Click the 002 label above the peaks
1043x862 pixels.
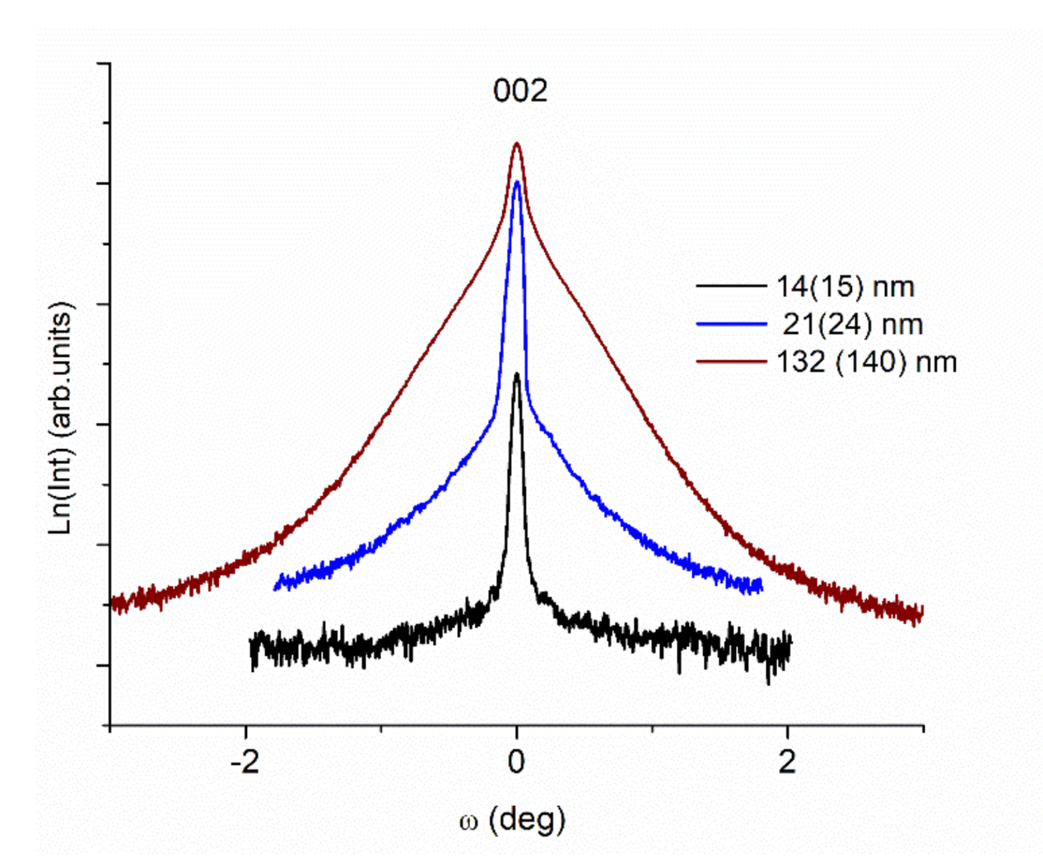pyautogui.click(x=520, y=90)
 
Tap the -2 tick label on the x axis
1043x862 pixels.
pyautogui.click(x=244, y=762)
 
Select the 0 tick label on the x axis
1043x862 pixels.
pyautogui.click(x=516, y=762)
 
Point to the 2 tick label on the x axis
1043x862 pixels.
pyautogui.click(x=788, y=762)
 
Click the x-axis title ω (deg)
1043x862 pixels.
pyautogui.click(x=512, y=819)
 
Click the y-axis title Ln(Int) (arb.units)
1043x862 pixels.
pyautogui.click(x=62, y=418)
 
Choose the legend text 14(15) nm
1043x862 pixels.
pyautogui.click(x=845, y=286)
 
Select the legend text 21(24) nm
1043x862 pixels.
pyautogui.click(x=852, y=324)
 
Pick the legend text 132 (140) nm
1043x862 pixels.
pyautogui.click(x=866, y=362)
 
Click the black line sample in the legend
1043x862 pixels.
pyautogui.click(x=730, y=286)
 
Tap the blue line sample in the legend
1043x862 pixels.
pyautogui.click(x=730, y=324)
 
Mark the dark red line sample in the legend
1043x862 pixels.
pyautogui.click(x=730, y=361)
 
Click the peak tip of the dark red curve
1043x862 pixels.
pyautogui.click(x=517, y=143)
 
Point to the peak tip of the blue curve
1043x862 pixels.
pyautogui.click(x=517, y=182)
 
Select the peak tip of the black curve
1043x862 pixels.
pyautogui.click(x=516, y=374)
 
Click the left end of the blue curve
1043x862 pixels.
pyautogui.click(x=276, y=586)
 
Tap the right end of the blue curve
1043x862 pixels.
pyautogui.click(x=761, y=585)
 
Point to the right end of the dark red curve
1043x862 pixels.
pyautogui.click(x=922, y=612)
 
